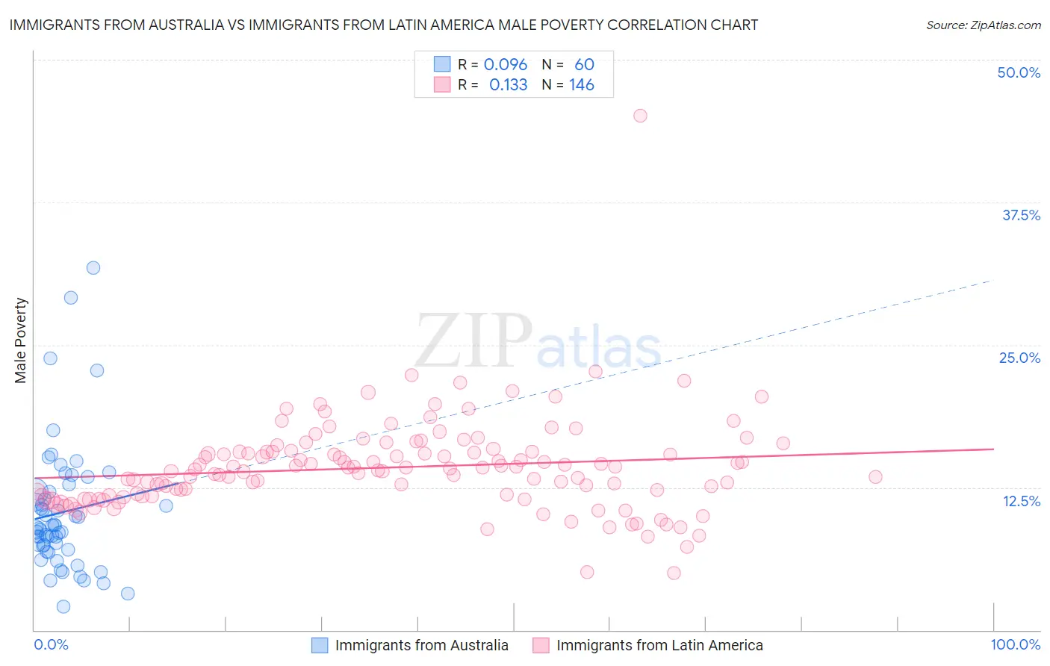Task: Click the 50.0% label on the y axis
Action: point(1019,72)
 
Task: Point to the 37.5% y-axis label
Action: point(1021,215)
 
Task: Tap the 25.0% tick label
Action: point(1019,358)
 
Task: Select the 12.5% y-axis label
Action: point(1021,501)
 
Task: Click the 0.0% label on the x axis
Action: point(51,645)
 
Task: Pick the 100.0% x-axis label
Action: point(1015,645)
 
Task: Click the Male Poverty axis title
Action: point(21,340)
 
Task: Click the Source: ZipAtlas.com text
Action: point(983,25)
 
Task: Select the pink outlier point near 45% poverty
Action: point(640,116)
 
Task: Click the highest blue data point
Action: point(93,268)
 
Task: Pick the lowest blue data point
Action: point(63,607)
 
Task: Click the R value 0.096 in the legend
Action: point(506,65)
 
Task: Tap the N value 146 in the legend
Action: point(582,85)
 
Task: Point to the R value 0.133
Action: point(508,85)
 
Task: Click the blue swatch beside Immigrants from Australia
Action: point(320,645)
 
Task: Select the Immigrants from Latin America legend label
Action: point(659,645)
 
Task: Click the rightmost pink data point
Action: point(875,476)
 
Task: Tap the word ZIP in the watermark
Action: point(473,340)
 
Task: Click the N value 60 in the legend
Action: point(584,65)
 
